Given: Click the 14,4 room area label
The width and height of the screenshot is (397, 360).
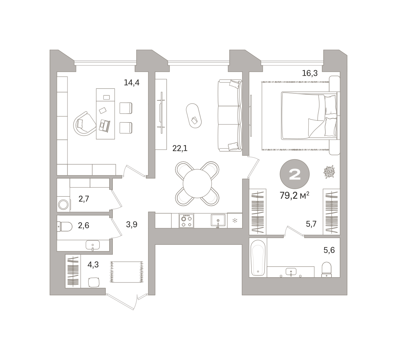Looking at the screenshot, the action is pos(132,82).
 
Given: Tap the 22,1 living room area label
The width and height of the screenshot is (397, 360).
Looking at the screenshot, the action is pos(180,148).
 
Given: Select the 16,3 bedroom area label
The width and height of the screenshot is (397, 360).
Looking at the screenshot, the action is pos(310,73).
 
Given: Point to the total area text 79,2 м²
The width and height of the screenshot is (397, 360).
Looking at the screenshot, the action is pos(294,195).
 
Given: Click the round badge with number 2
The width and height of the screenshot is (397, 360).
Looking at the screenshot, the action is pos(295,174).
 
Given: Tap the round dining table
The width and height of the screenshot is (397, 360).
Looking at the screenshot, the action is pos(197,183).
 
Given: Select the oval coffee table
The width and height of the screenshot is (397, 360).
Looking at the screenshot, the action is pos(194,116).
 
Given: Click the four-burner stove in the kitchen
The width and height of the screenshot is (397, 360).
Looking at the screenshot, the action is pos(186,221).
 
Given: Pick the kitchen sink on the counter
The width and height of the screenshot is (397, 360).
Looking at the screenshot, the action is pos(218,220).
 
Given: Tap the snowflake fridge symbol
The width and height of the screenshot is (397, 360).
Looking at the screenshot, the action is pos(235,221).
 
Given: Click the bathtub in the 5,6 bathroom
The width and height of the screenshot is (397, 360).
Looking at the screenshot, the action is pos(258,258).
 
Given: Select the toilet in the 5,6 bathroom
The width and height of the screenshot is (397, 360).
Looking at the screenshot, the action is pos(327,270).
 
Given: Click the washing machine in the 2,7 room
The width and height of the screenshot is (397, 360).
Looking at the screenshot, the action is pos(64,204).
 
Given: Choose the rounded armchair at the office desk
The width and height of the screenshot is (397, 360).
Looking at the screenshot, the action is pos(84,124).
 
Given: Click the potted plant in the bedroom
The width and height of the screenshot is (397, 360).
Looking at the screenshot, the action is pos(329,172).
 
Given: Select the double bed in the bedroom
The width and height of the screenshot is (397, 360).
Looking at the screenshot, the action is pos(309,116).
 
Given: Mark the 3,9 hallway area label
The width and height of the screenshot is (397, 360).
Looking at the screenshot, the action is pos(132,225).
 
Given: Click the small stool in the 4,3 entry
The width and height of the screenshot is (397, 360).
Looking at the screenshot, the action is pos(94,282).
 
